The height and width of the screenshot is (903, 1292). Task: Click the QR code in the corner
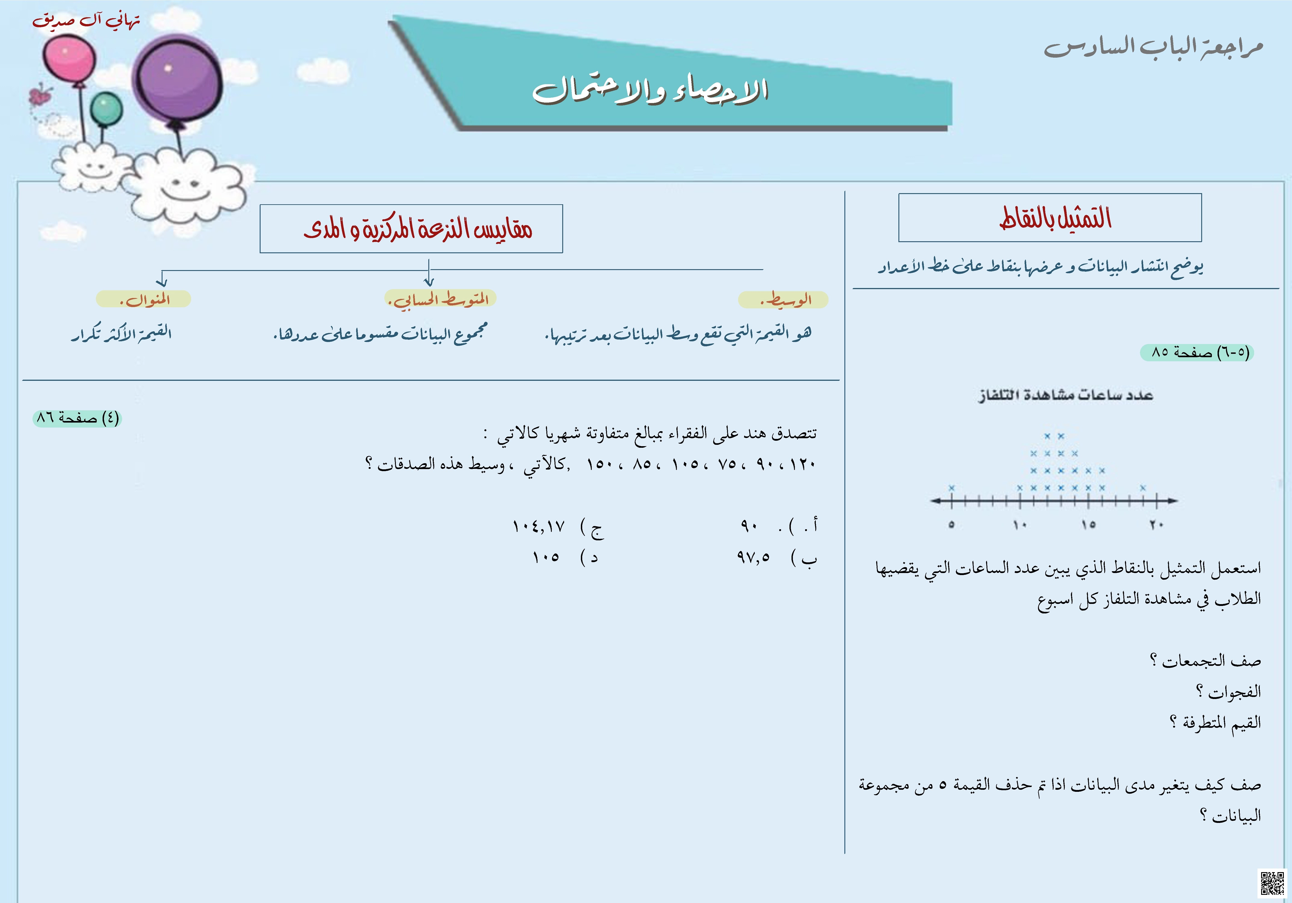(1272, 882)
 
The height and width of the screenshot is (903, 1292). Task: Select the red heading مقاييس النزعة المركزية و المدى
(417, 229)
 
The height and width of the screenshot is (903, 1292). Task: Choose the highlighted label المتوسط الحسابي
(440, 299)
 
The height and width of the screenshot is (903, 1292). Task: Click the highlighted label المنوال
(144, 299)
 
